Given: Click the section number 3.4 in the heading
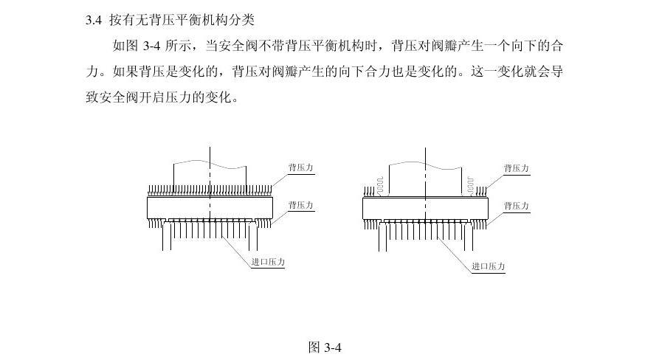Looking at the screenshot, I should (x=93, y=19).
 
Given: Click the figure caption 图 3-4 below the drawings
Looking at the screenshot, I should (x=325, y=347).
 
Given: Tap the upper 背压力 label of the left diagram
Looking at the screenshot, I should (x=300, y=168).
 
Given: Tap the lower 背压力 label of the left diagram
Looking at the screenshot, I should (x=300, y=204).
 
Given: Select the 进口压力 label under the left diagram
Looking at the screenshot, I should (x=268, y=262).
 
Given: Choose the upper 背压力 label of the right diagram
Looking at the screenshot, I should (x=516, y=168).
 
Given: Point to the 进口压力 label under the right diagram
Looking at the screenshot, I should (x=489, y=266).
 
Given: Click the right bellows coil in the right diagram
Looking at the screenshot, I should (x=470, y=184).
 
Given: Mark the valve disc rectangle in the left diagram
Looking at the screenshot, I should (x=210, y=207).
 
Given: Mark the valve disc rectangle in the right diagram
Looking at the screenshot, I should (x=426, y=208).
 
